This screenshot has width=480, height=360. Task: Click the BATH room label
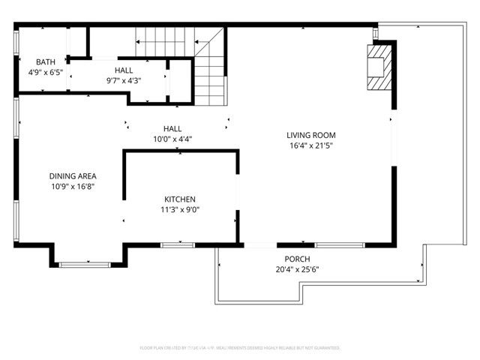[46, 62]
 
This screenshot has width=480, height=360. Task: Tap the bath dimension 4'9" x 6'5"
[46, 73]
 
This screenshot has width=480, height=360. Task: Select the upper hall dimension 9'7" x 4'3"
[124, 80]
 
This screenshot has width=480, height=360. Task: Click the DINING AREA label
[72, 175]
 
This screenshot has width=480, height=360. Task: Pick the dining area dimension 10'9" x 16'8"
[72, 186]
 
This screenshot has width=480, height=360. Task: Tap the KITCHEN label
[180, 199]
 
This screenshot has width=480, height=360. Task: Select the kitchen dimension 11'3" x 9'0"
[180, 210]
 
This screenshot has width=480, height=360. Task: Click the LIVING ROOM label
[310, 136]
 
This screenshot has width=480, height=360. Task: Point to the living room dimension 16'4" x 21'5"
[310, 146]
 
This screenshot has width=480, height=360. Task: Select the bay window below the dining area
[85, 263]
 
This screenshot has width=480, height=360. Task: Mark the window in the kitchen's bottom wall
[178, 244]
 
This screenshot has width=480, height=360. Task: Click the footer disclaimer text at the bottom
[240, 348]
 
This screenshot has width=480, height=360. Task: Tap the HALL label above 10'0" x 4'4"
[172, 128]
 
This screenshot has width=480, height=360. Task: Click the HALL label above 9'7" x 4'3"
[124, 69]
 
